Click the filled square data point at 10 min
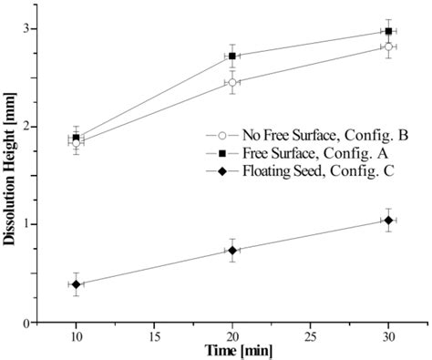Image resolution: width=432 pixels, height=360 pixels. coord(77,138)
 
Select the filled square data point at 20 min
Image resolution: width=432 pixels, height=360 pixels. coord(232,56)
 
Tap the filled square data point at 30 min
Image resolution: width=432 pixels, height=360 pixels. coord(388,31)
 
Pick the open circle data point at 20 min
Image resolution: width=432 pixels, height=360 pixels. coord(232,82)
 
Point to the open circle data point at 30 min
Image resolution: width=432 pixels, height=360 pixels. coord(388,46)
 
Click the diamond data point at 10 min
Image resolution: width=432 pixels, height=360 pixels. coord(77,284)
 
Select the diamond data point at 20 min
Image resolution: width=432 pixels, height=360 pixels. coord(232,251)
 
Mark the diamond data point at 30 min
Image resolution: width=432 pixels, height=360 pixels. coord(388,221)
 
